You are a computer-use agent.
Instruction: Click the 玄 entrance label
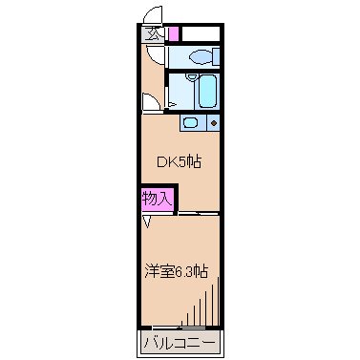(x=151, y=34)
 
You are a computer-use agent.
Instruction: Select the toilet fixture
(x=201, y=56)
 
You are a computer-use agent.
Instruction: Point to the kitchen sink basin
(x=191, y=122)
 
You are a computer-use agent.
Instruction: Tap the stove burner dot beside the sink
(x=213, y=123)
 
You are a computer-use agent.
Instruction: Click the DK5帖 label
(x=180, y=161)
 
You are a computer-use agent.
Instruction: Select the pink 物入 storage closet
(x=157, y=200)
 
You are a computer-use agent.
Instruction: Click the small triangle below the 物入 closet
(x=148, y=222)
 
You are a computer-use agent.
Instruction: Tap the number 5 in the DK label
(x=180, y=161)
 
